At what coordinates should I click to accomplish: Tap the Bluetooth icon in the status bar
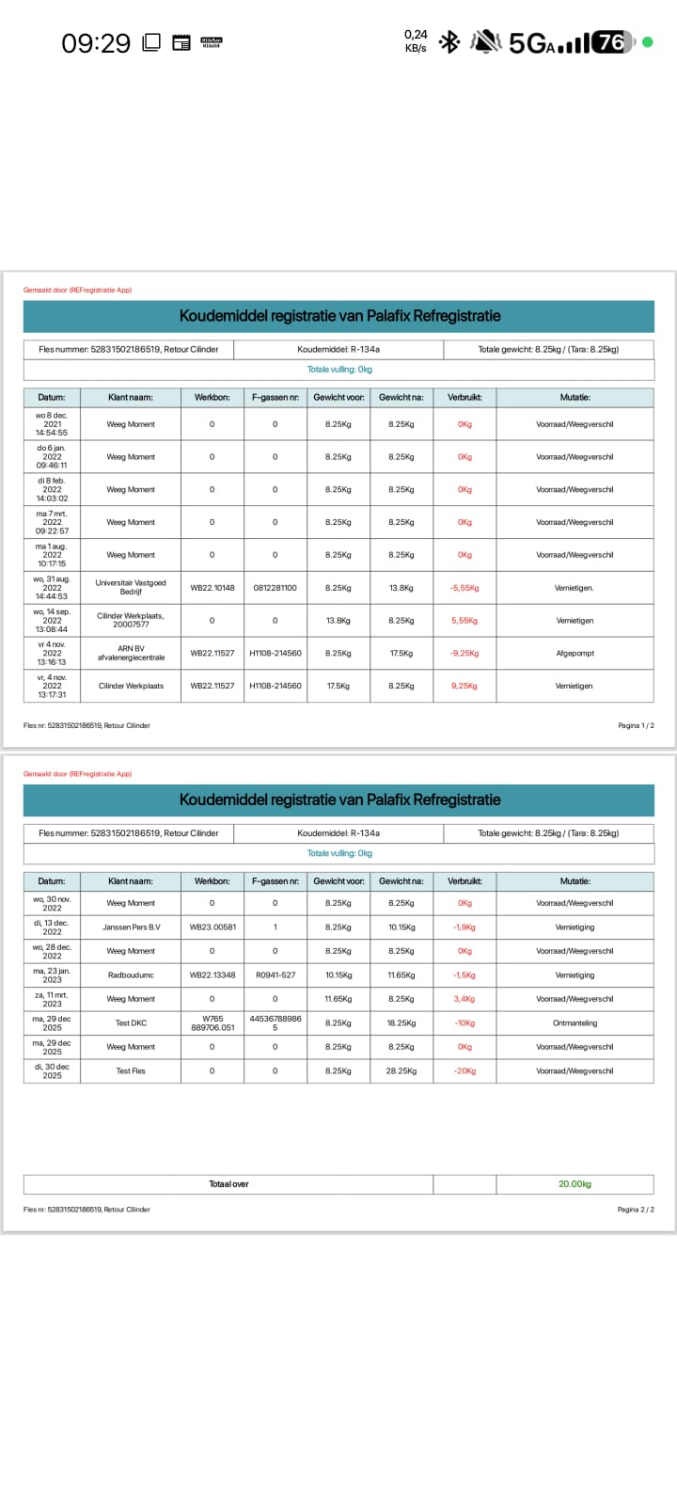(449, 42)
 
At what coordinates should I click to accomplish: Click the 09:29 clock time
(96, 43)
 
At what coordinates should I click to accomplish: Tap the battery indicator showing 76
(612, 42)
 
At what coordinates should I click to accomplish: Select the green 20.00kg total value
(575, 1184)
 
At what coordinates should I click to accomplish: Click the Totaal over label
(228, 1184)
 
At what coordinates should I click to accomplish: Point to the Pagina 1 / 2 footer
(636, 725)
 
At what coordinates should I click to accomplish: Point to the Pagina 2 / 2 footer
(636, 1210)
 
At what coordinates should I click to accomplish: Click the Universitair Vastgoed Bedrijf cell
(131, 588)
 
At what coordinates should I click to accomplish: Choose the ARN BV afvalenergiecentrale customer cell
(131, 653)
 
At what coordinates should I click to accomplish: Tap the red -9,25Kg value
(464, 653)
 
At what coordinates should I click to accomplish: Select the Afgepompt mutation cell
(575, 653)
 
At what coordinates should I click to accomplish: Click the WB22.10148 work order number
(213, 588)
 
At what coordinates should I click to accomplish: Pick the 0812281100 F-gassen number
(275, 588)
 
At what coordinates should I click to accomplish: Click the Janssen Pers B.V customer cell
(131, 927)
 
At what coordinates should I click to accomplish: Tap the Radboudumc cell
(131, 975)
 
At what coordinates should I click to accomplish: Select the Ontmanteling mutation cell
(575, 1023)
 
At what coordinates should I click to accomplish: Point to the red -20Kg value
(464, 1071)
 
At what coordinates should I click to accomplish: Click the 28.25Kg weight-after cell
(401, 1071)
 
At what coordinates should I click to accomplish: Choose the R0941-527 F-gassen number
(275, 975)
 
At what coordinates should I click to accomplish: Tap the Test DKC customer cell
(131, 1023)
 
